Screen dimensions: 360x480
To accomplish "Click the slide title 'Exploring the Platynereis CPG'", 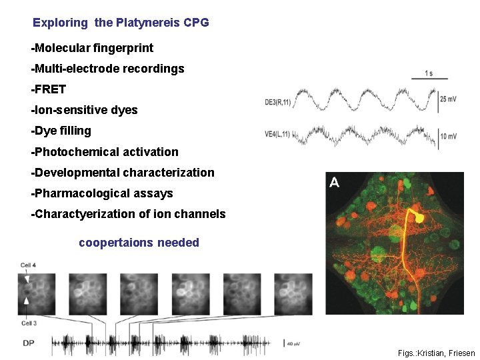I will coord(121,23).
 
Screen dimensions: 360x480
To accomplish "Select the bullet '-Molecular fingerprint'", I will coord(92,48).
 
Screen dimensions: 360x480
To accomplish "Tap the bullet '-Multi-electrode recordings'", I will coord(107,69).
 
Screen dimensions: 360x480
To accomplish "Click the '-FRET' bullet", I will coord(49,89).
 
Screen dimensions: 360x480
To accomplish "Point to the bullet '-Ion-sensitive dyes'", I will coord(84,110).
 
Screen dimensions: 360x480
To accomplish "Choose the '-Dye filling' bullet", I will coord(61,131).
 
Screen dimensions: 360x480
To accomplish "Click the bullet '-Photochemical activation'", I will coord(105,152).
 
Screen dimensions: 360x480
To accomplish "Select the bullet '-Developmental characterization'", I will coord(123,173).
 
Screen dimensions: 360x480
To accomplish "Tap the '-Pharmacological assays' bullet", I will coord(102,193).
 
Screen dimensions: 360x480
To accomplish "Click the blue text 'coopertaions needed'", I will coord(139,243).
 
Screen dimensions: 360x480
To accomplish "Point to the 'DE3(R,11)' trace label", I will coord(278,101).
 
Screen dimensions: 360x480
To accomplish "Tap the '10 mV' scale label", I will coord(449,137).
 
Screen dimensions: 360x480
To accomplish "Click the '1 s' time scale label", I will coord(428,73).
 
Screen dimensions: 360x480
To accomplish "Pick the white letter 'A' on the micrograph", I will coord(333,181).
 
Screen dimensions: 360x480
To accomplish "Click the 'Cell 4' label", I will coord(28,265).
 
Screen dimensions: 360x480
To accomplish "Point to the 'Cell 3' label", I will coord(28,323).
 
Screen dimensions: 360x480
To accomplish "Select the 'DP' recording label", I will coord(29,343).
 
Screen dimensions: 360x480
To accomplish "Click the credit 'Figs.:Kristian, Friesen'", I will coord(436,353).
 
